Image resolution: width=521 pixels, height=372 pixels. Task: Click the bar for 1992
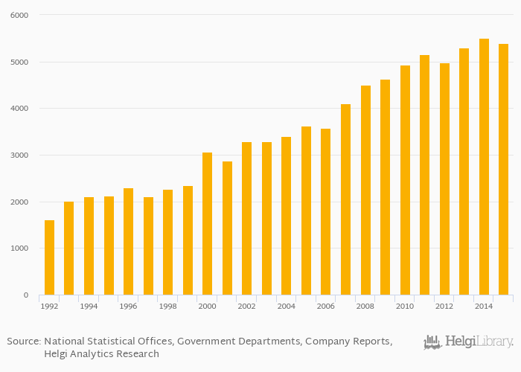click(49, 257)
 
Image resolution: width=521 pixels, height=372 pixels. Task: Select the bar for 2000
click(207, 224)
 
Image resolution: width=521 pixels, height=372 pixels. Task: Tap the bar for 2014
click(484, 167)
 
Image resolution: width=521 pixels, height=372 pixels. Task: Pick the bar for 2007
click(345, 199)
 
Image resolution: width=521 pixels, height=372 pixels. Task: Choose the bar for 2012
click(444, 179)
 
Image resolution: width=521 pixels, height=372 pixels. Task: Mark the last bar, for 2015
click(503, 170)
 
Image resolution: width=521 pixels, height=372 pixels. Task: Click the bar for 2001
click(227, 228)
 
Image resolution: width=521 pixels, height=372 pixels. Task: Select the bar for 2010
click(405, 180)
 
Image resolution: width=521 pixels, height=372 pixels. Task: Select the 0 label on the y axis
click(25, 295)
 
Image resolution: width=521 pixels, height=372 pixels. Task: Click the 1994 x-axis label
click(89, 306)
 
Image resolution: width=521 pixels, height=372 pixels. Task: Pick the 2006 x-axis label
click(325, 306)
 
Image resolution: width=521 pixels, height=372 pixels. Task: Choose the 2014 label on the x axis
click(484, 306)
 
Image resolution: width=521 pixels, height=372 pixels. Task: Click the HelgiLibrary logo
click(468, 342)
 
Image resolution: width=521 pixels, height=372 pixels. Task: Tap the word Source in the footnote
click(23, 341)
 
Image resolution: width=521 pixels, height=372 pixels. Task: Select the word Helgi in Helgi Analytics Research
click(59, 354)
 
